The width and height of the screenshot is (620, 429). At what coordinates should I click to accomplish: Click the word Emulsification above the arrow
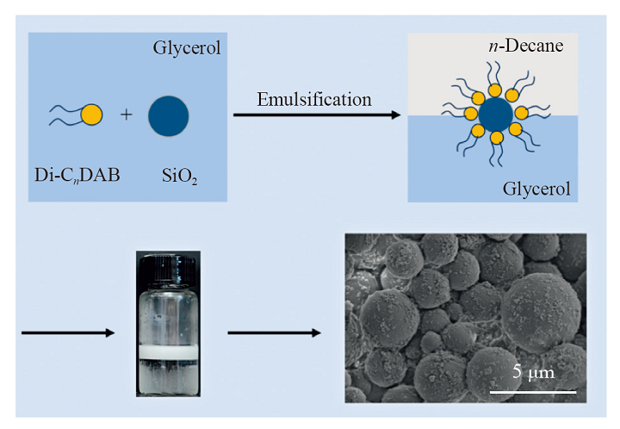[x=314, y=99]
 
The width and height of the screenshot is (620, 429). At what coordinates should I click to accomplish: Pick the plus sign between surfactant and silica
[x=127, y=114]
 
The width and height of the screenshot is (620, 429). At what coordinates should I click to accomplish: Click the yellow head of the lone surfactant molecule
[x=91, y=114]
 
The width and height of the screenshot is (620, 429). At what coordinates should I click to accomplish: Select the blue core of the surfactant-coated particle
[x=493, y=115]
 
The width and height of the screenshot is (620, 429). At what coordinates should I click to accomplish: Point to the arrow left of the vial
[x=69, y=332]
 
